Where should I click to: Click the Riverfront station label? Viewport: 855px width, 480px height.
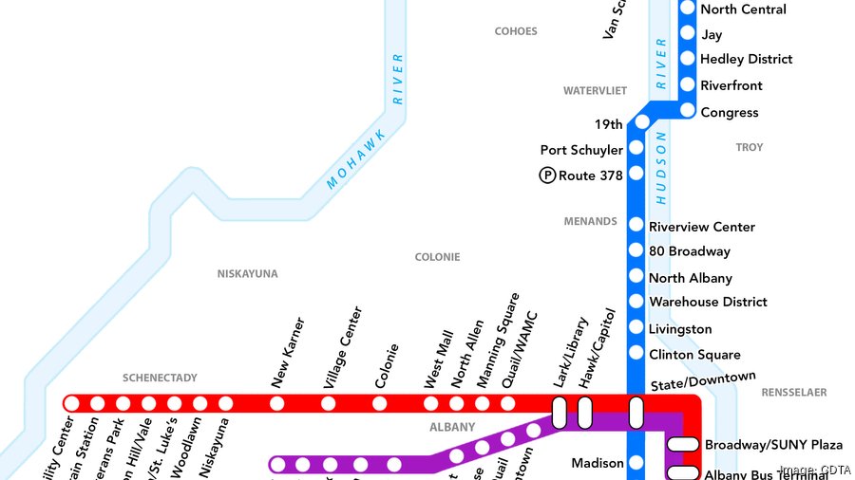pyautogui.click(x=731, y=85)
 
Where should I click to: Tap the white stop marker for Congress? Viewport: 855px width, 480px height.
pyautogui.click(x=688, y=112)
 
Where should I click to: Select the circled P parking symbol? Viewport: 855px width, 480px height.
pyautogui.click(x=547, y=175)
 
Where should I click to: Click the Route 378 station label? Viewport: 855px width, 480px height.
pyautogui.click(x=590, y=175)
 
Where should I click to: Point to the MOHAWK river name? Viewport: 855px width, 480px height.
pyautogui.click(x=355, y=158)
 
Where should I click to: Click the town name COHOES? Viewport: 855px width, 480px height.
pyautogui.click(x=516, y=31)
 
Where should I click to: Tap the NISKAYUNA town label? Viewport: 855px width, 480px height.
pyautogui.click(x=247, y=274)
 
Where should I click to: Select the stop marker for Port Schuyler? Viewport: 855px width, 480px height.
pyautogui.click(x=636, y=148)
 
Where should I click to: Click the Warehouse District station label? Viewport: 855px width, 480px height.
pyautogui.click(x=708, y=303)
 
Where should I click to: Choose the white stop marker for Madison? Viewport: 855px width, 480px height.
pyautogui.click(x=636, y=463)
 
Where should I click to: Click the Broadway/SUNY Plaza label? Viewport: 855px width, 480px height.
pyautogui.click(x=773, y=445)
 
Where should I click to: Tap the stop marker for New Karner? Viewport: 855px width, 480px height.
pyautogui.click(x=276, y=403)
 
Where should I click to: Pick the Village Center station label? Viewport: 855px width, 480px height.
pyautogui.click(x=343, y=347)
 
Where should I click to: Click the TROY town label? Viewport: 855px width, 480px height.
pyautogui.click(x=749, y=148)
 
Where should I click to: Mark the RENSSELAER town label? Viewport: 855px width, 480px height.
pyautogui.click(x=794, y=392)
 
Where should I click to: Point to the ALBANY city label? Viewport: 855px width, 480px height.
pyautogui.click(x=452, y=427)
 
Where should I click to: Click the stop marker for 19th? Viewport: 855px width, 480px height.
pyautogui.click(x=642, y=121)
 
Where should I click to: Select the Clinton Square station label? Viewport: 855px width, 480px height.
pyautogui.click(x=694, y=355)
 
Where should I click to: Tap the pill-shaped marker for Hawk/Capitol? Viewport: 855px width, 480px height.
pyautogui.click(x=585, y=413)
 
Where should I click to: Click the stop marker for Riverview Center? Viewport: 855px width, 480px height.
pyautogui.click(x=636, y=225)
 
